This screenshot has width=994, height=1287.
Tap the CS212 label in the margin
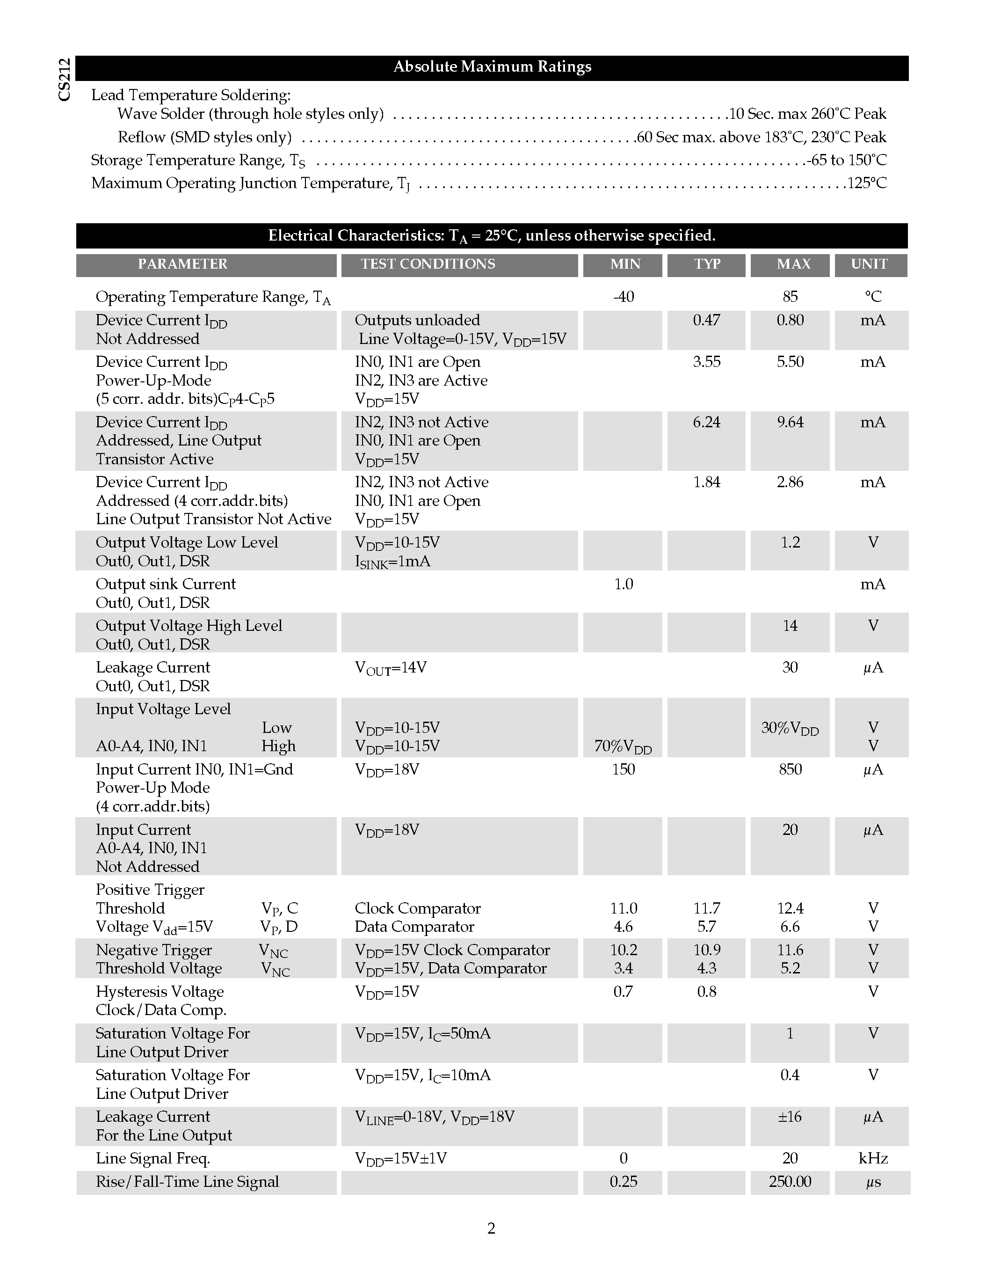pos(65,80)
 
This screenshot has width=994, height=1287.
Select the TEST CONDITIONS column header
pos(428,264)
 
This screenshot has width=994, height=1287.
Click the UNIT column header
pos(869,264)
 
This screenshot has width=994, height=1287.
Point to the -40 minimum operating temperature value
pos(623,296)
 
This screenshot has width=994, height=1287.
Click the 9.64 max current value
pos(790,422)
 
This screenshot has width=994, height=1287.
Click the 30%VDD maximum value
pos(790,728)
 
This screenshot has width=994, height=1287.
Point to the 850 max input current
pos(790,769)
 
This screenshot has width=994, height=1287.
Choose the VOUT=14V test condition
pos(391,668)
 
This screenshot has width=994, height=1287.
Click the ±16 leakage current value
pos(789,1117)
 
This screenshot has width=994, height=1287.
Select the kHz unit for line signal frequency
pos(873,1159)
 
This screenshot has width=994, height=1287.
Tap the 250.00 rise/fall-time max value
pos(790,1182)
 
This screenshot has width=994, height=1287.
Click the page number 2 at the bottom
pos(491,1228)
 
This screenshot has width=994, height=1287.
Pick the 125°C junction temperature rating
pos(866,183)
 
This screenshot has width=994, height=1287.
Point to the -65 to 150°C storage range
pos(846,160)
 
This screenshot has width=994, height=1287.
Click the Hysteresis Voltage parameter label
pos(160,992)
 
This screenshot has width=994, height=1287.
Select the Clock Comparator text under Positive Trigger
pos(418,908)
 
